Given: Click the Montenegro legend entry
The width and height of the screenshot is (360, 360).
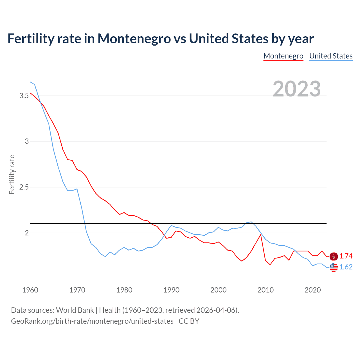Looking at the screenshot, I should pyautogui.click(x=283, y=56).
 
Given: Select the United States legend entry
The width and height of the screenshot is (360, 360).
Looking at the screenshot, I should pyautogui.click(x=331, y=56).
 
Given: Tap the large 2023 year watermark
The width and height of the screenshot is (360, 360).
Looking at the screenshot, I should pyautogui.click(x=297, y=89).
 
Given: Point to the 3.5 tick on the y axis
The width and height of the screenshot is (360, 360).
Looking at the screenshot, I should pyautogui.click(x=24, y=96).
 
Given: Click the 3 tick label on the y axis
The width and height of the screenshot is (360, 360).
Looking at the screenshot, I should pyautogui.click(x=27, y=141).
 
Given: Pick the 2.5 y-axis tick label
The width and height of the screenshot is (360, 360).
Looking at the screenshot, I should pyautogui.click(x=24, y=187).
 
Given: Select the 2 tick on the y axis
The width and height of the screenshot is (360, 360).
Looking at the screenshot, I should pyautogui.click(x=27, y=233).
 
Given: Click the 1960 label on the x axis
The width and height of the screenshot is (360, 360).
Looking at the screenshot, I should pyautogui.click(x=30, y=290).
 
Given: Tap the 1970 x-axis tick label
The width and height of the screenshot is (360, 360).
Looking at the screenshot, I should pyautogui.click(x=77, y=290).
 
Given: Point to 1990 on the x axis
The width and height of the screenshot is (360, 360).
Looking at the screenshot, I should pyautogui.click(x=171, y=290).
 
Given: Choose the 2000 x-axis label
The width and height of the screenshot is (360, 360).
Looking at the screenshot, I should pyautogui.click(x=218, y=290).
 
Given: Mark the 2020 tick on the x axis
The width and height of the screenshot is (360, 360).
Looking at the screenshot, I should pyautogui.click(x=312, y=290).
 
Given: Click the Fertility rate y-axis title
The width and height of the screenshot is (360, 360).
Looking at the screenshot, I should pyautogui.click(x=12, y=174).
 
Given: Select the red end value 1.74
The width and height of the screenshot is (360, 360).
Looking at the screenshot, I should pyautogui.click(x=346, y=256).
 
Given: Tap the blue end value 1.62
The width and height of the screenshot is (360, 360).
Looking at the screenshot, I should pyautogui.click(x=346, y=267).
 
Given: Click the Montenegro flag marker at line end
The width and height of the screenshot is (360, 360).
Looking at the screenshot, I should pyautogui.click(x=334, y=256).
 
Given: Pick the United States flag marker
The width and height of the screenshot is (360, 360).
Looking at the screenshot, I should pyautogui.click(x=334, y=267).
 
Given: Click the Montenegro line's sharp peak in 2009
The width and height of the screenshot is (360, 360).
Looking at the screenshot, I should pyautogui.click(x=261, y=234).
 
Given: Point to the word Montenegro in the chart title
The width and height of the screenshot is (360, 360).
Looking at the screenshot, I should pyautogui.click(x=134, y=39).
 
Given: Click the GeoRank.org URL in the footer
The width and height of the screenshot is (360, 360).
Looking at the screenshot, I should pyautogui.click(x=92, y=321).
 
